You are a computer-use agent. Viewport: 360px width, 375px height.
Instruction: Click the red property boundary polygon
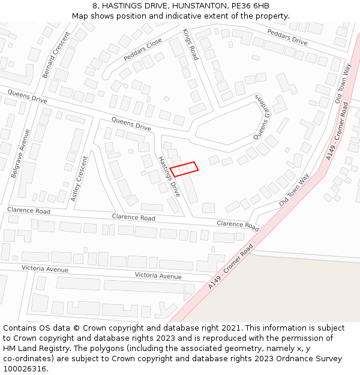pos(184,169)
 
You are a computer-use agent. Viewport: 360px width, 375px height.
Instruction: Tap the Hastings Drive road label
pos(169,176)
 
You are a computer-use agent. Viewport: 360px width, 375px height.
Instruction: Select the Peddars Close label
pos(143,49)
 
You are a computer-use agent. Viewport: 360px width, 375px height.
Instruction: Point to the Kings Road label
pos(190,44)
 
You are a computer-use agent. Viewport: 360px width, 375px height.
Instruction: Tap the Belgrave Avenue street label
pos(20,152)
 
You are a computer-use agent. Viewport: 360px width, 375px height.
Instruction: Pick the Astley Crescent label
pos(79,178)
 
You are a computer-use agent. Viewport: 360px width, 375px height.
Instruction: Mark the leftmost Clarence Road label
pos(29,211)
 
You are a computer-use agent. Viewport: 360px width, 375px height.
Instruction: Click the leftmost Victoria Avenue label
pos(45,269)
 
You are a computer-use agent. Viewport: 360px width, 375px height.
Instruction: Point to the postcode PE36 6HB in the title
pos(245,6)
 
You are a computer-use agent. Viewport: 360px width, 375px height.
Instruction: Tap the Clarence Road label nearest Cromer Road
pos(238,225)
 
